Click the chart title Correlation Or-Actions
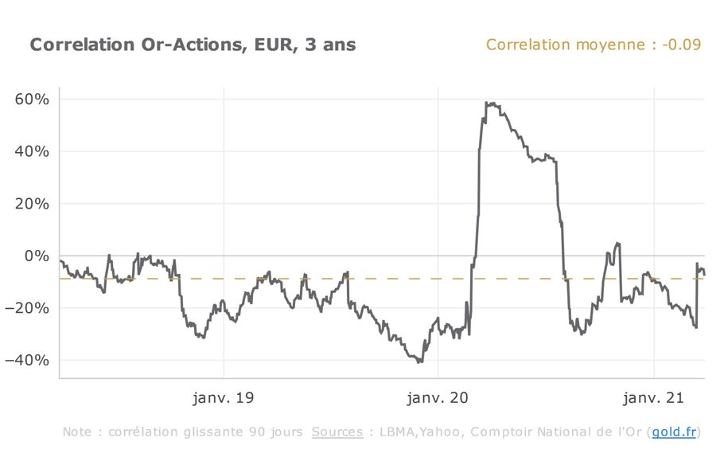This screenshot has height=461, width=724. click(x=136, y=45)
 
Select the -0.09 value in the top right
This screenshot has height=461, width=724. click(x=681, y=45)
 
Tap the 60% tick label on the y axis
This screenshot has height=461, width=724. click(x=32, y=100)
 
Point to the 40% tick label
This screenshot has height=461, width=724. click(x=32, y=151)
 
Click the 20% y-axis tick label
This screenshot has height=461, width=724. click(x=32, y=204)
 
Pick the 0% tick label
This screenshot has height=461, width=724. click(x=37, y=256)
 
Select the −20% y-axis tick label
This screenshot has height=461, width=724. click(x=29, y=308)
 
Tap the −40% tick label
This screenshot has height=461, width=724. click(x=29, y=360)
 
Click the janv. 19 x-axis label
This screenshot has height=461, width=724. click(x=224, y=397)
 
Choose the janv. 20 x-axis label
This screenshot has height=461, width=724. click(x=439, y=397)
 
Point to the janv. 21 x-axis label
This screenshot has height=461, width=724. click(x=654, y=397)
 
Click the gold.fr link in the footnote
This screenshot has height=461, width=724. click(x=674, y=432)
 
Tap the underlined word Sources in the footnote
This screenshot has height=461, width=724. click(x=337, y=432)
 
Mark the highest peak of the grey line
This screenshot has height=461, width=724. click(x=491, y=103)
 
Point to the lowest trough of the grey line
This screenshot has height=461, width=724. click(x=419, y=362)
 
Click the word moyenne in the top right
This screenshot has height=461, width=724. click(x=610, y=45)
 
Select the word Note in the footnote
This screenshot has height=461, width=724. click(x=76, y=432)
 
